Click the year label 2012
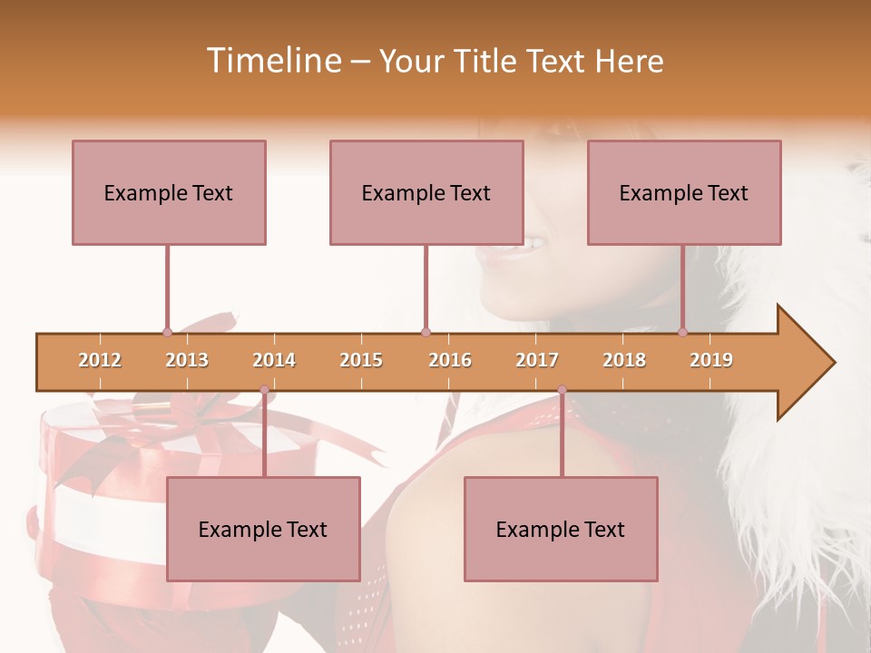[x=100, y=360]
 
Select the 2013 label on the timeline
[x=187, y=360]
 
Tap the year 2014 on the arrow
[x=274, y=360]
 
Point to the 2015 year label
[x=361, y=360]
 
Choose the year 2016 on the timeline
[x=450, y=360]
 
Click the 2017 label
[x=537, y=360]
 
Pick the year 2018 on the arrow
[x=624, y=360]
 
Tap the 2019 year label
[x=711, y=360]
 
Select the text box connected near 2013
[x=169, y=192]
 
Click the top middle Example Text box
[x=426, y=192]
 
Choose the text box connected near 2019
[x=684, y=192]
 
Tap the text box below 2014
[x=263, y=529]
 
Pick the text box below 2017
[x=561, y=529]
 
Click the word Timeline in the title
[x=272, y=61]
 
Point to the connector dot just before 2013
[x=167, y=332]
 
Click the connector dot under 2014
[x=264, y=390]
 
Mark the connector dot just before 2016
[x=426, y=332]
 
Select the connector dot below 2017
[x=562, y=390]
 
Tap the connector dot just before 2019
[x=683, y=332]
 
